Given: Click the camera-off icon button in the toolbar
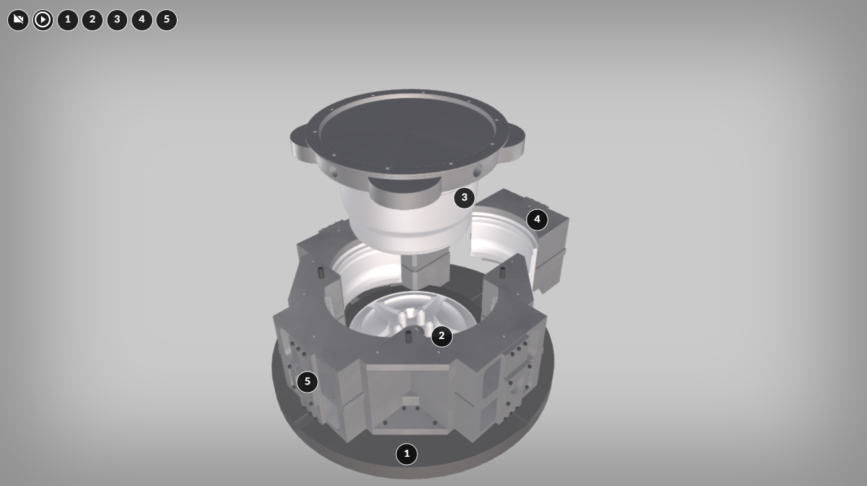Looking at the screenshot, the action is pyautogui.click(x=18, y=20).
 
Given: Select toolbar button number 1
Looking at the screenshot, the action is pyautogui.click(x=68, y=20).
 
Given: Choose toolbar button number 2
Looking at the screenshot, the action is pyautogui.click(x=93, y=20).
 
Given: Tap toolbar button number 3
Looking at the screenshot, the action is pyautogui.click(x=117, y=20).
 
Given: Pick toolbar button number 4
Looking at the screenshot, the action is pyautogui.click(x=142, y=20).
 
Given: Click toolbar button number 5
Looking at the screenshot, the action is pyautogui.click(x=167, y=20).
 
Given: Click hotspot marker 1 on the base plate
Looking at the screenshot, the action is pyautogui.click(x=407, y=454).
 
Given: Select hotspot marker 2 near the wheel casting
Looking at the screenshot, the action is pyautogui.click(x=442, y=336).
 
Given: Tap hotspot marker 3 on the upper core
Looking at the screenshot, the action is pyautogui.click(x=464, y=198).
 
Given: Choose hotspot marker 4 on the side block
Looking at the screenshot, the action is pyautogui.click(x=537, y=220).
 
